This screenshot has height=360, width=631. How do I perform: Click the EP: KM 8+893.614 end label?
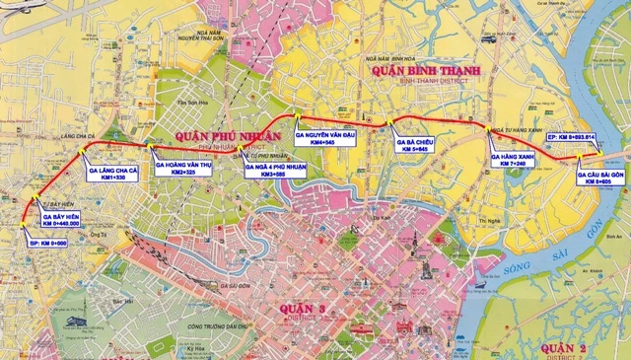click(x=586, y=136)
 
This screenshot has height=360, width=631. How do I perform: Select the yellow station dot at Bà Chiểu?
click(x=391, y=123)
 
